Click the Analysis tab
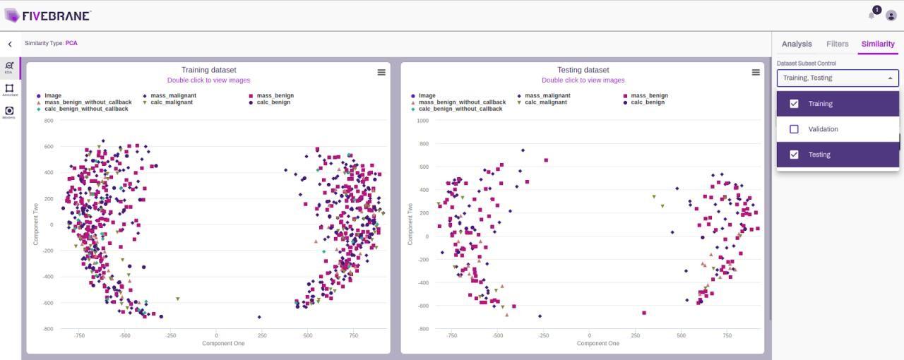[x=797, y=44]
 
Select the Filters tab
[x=837, y=44]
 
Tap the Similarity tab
[x=878, y=44]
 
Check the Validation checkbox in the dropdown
[x=794, y=129]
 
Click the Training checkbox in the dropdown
[x=794, y=104]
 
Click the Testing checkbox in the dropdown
[x=794, y=155]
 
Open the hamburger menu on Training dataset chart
[x=381, y=72]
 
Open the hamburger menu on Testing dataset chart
[x=756, y=72]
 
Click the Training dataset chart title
[x=208, y=70]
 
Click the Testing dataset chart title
[x=583, y=70]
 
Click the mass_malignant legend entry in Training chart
[x=169, y=96]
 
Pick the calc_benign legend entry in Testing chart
[x=647, y=102]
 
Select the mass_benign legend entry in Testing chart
[x=649, y=96]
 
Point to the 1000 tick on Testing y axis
[x=422, y=121]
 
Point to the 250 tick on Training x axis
[x=262, y=336]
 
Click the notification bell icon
[x=872, y=16]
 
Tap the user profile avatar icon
[x=891, y=16]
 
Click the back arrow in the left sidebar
[x=10, y=44]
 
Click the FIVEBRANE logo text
[x=56, y=16]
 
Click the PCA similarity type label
[x=71, y=43]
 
